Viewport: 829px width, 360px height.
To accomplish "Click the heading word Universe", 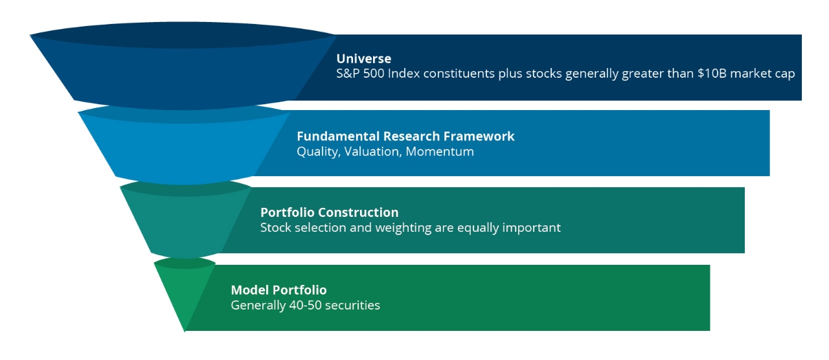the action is [x=364, y=58].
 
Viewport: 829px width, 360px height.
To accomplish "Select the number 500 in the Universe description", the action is [x=374, y=73].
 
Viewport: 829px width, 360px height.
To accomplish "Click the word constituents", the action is [x=459, y=74].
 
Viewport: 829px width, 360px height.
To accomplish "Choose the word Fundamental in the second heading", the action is [x=338, y=136].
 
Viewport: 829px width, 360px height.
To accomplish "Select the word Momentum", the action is [x=440, y=152].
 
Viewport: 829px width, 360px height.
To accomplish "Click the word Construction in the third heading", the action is [x=358, y=212].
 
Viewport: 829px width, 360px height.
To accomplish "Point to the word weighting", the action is [x=403, y=227].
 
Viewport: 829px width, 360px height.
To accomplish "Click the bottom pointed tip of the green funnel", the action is [x=185, y=331].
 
